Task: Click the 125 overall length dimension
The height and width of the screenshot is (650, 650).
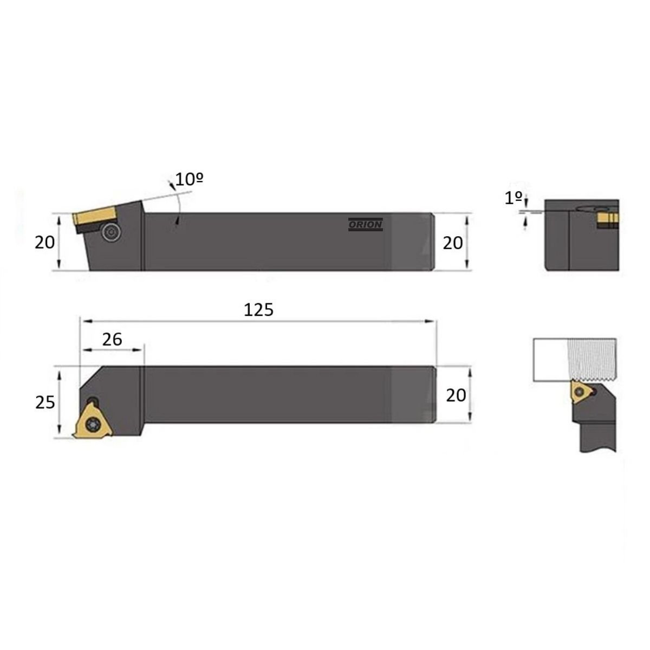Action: [258, 310]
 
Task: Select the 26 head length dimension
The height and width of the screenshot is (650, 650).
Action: [112, 339]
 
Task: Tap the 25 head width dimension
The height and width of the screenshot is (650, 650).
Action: [45, 402]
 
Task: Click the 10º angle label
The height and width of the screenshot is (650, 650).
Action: [189, 179]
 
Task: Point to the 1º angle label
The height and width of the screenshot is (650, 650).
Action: [513, 198]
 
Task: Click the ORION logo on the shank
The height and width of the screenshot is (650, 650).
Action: [365, 224]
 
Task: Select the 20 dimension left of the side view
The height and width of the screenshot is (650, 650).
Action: [44, 243]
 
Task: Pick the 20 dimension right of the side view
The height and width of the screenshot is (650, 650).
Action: [453, 243]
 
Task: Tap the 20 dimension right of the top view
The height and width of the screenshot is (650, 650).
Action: [456, 395]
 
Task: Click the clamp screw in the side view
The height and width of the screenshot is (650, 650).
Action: [111, 232]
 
